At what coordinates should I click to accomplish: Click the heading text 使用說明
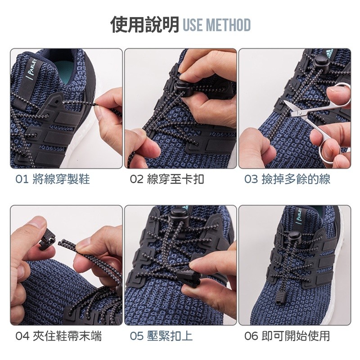144,25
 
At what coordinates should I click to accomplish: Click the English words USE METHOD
216,25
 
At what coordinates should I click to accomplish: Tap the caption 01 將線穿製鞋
53,179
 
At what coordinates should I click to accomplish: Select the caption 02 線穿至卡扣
167,179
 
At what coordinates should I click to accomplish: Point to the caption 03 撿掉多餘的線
287,179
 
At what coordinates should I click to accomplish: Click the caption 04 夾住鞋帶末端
58,336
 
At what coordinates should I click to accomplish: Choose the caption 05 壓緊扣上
161,336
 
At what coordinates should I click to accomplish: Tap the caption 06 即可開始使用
287,336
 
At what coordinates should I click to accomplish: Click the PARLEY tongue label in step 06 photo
298,216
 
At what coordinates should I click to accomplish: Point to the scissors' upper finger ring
339,94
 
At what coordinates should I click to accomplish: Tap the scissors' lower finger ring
329,149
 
